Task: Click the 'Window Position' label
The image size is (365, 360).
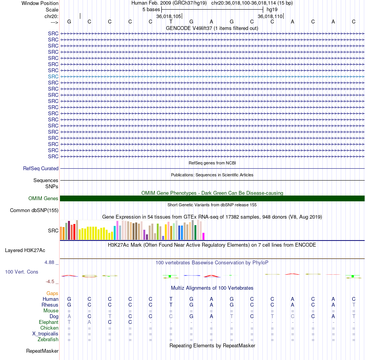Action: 40,3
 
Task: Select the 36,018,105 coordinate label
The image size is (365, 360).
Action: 169,16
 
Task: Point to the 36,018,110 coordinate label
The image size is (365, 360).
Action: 270,16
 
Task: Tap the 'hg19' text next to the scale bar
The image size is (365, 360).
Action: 272,10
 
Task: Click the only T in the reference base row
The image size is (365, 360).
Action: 171,22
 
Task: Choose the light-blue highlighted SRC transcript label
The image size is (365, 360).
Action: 53,76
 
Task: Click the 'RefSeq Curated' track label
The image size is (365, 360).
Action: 41,169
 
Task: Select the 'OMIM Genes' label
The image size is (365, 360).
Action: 43,199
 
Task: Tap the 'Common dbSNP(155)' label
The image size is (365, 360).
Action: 34,211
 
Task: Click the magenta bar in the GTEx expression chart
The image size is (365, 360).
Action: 204,236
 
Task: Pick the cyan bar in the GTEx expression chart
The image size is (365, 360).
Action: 115,233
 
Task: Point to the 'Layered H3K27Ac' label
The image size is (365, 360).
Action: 25,251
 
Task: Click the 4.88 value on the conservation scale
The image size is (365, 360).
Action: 49,262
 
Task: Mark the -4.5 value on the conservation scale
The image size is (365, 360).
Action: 50,282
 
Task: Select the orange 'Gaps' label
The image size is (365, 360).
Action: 52,294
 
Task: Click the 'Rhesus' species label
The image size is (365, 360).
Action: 50,305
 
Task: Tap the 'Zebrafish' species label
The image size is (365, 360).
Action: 48,340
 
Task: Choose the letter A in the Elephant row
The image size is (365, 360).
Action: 90,322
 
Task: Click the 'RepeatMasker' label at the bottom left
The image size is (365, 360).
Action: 42,351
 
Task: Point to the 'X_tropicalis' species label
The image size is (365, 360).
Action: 45,334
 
